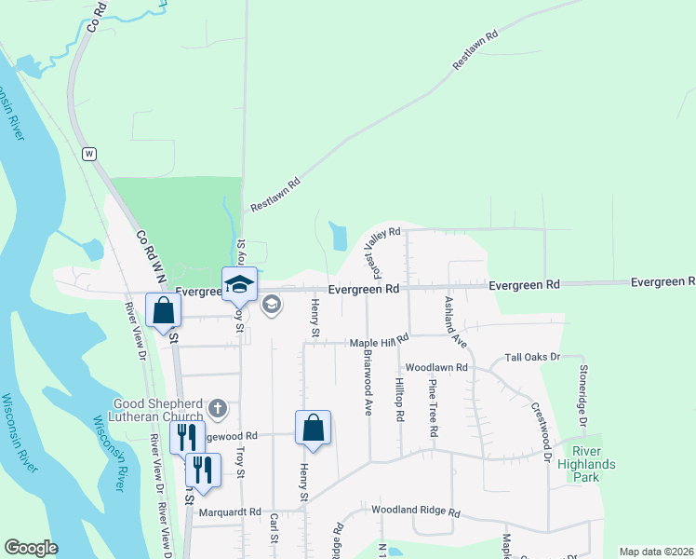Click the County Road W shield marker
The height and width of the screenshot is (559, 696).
coord(89,153)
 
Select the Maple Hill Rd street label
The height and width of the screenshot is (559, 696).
coord(379,343)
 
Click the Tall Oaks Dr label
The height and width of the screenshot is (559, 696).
coord(532,357)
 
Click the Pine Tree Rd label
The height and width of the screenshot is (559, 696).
coord(433,408)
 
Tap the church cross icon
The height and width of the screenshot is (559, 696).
coord(218,408)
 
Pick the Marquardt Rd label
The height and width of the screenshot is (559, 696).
coord(229,511)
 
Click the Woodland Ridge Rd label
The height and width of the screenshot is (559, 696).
coord(416,511)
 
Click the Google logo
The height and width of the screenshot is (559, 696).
coord(31,548)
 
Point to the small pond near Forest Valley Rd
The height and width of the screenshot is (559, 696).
coord(338,235)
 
